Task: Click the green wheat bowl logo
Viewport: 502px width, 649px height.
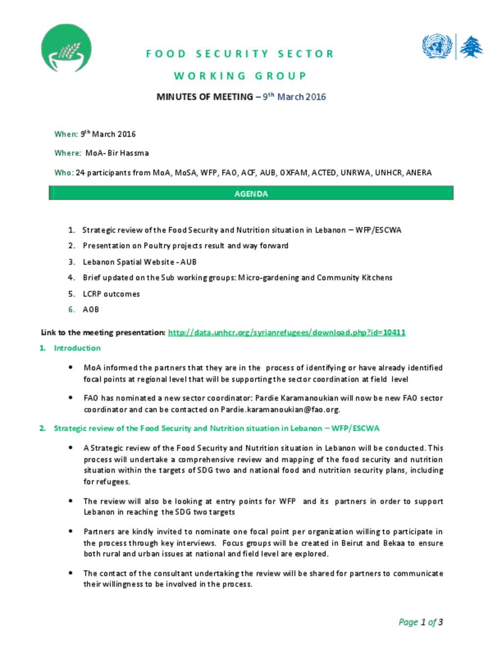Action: coord(66,48)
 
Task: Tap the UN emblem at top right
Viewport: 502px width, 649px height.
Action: coord(436,47)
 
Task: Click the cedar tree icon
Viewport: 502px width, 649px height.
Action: coord(471,47)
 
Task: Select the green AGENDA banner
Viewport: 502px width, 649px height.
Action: coord(251,193)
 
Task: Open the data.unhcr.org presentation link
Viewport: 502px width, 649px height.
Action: coord(286,333)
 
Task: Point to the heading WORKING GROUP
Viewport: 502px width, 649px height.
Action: coord(240,76)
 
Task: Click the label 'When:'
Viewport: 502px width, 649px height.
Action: coord(66,134)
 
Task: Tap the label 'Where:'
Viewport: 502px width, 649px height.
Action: coord(68,153)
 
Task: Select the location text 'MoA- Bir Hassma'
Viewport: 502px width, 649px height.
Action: coord(117,153)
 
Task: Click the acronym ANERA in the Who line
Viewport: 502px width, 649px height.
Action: coord(419,172)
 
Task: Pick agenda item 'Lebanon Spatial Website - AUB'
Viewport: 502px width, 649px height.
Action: coord(139,262)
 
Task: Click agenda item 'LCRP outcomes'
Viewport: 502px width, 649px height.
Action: coord(111,294)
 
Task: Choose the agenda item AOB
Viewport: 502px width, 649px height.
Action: coord(91,310)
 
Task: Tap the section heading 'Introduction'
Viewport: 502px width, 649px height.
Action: coord(77,348)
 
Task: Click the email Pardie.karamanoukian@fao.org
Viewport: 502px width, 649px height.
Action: coord(280,409)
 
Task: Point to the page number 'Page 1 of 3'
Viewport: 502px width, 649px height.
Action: coord(421,622)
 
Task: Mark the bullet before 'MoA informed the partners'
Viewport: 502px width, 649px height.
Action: coord(71,367)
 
